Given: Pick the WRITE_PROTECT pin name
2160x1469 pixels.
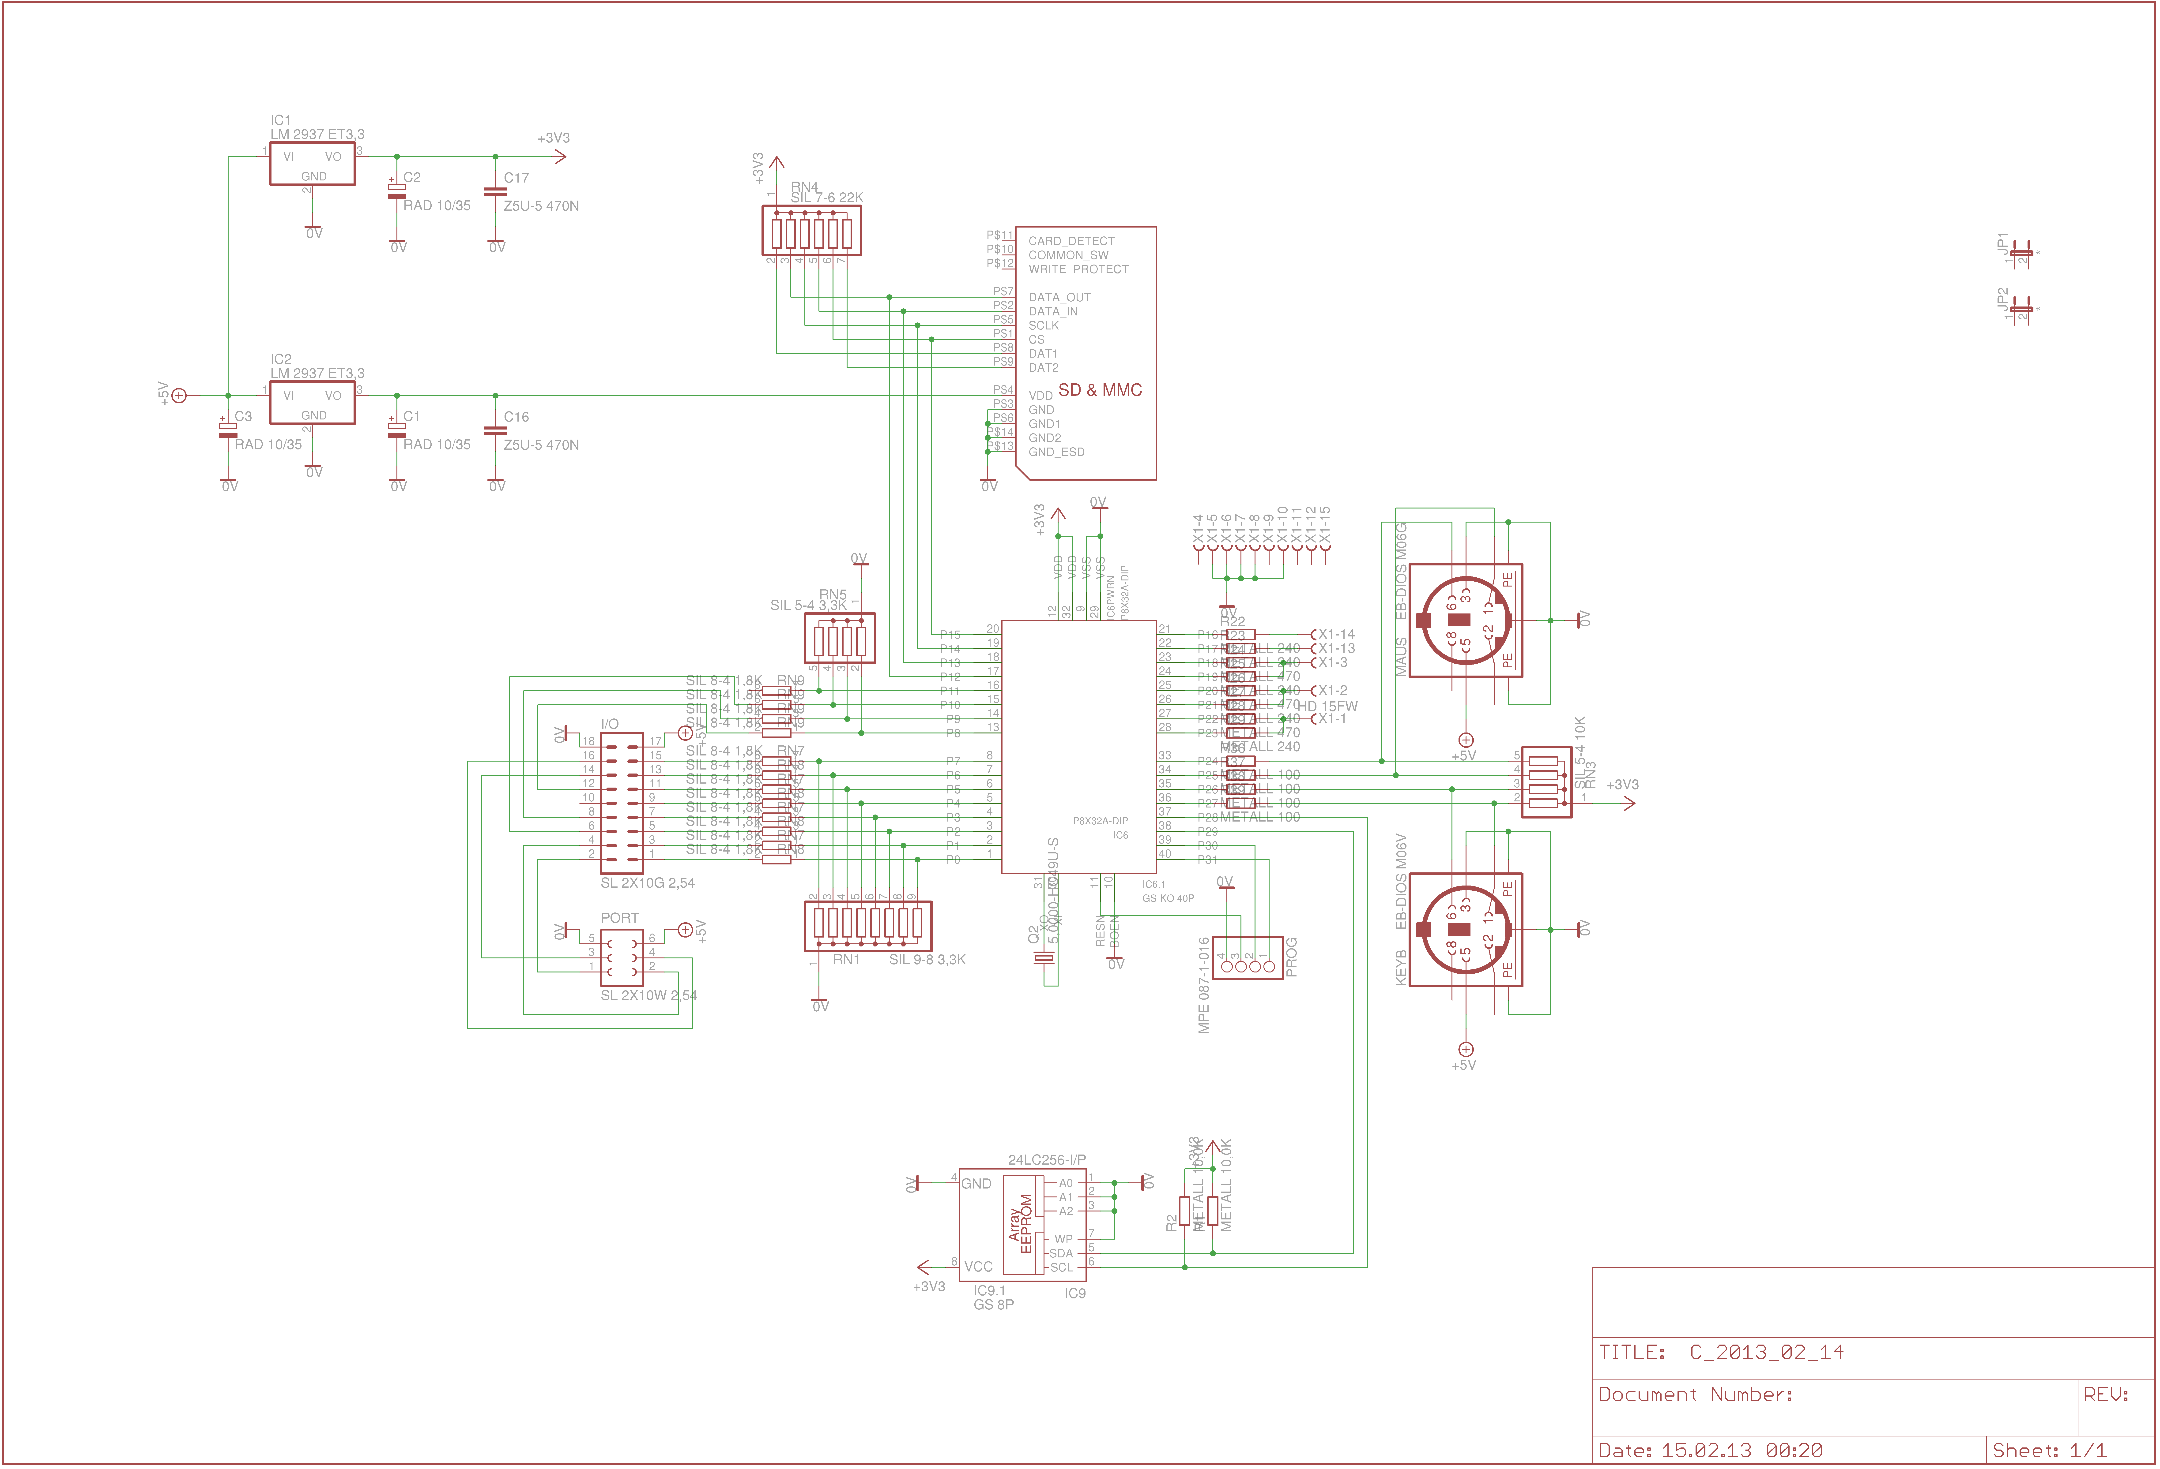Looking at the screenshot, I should tap(1078, 269).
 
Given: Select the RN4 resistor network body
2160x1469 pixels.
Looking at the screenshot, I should tap(811, 230).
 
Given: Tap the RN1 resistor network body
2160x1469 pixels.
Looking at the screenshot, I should tap(867, 925).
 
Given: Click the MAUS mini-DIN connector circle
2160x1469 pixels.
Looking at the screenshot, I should tap(1465, 621).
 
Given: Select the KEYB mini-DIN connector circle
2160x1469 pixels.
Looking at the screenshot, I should tap(1465, 929).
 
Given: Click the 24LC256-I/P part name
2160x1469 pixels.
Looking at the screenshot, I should tap(1047, 1160).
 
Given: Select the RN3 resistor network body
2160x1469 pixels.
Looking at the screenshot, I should tap(1546, 781).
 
